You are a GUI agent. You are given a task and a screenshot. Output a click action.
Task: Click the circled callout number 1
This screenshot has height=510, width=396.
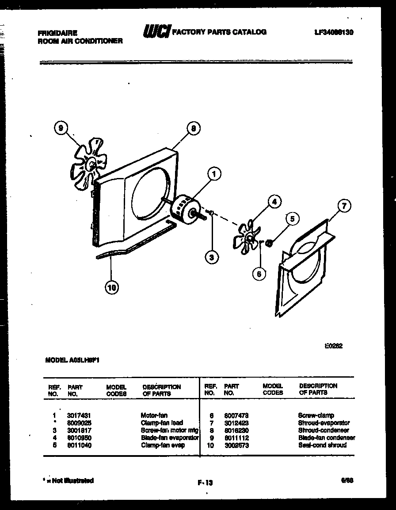214,174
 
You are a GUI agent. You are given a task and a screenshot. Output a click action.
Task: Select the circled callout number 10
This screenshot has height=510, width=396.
112,288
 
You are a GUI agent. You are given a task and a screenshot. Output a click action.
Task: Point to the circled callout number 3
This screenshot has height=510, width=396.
212,257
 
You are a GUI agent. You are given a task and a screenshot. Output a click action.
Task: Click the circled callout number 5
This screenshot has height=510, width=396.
291,218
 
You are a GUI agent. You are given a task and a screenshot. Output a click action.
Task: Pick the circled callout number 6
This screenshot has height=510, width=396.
259,274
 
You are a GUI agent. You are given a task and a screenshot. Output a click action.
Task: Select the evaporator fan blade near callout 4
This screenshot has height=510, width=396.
247,237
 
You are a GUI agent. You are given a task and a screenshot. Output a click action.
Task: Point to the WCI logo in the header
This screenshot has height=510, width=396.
156,31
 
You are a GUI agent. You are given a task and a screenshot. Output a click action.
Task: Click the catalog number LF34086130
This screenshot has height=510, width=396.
334,32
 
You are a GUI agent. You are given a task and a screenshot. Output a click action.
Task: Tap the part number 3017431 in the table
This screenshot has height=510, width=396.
79,416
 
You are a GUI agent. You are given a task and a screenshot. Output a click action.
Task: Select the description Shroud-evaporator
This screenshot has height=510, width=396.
324,423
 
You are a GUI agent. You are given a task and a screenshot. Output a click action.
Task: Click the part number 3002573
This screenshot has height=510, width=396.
236,445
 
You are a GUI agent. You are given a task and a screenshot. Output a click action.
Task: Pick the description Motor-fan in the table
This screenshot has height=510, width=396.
154,416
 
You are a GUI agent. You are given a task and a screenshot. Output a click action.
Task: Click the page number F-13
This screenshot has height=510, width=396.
205,483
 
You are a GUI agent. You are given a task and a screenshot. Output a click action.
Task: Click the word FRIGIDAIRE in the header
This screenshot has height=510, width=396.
58,33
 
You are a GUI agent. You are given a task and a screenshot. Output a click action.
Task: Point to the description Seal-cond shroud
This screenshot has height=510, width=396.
322,445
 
